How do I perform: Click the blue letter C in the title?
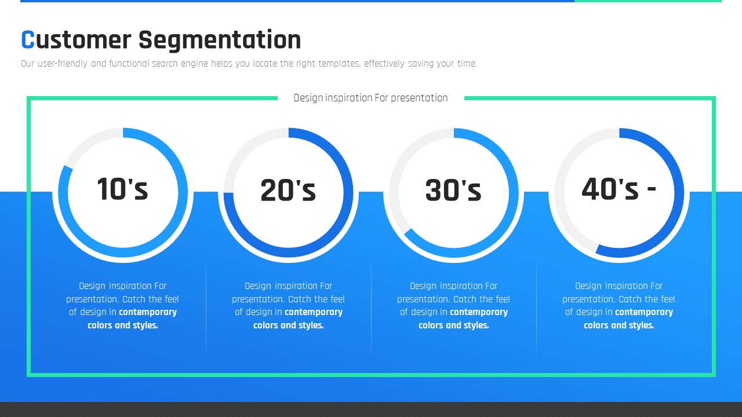tap(28, 40)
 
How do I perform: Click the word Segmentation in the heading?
tap(220, 41)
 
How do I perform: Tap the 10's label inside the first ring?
tap(122, 189)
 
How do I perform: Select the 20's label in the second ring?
tap(288, 190)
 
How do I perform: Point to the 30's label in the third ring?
tap(453, 190)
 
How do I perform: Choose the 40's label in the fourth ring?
tap(610, 189)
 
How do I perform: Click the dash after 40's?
tap(651, 189)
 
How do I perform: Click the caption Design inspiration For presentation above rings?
tap(370, 98)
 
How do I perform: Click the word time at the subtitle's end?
tap(467, 64)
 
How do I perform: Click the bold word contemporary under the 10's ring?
tap(148, 312)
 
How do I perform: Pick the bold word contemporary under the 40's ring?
tap(644, 312)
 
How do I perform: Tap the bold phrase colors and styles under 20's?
tap(289, 325)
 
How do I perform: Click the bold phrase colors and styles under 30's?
tap(454, 325)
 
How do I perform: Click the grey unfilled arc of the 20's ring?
tap(245, 149)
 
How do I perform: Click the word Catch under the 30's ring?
tap(464, 299)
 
